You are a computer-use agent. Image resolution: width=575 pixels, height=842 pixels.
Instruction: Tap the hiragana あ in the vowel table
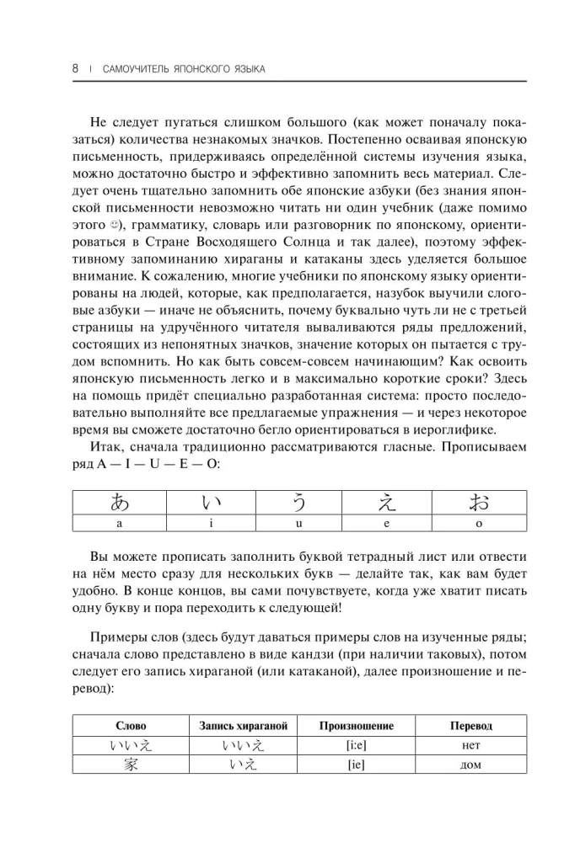pos(121,503)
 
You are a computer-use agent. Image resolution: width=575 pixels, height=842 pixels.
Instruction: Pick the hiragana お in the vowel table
pos(478,503)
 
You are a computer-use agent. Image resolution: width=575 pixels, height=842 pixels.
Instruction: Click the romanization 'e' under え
pos(389,523)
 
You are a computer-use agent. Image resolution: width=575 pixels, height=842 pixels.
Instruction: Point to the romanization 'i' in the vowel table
pos(210,523)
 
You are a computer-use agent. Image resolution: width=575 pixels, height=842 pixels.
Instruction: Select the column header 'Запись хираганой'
pos(244,725)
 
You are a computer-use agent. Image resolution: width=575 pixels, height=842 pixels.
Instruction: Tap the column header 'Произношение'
pos(357,725)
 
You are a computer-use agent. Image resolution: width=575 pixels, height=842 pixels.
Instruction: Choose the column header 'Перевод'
pos(471,725)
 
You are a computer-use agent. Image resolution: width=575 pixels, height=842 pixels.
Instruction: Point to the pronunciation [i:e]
pos(357,745)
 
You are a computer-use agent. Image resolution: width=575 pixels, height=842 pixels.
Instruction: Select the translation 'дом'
pos(471,765)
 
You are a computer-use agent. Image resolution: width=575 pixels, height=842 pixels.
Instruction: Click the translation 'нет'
pos(471,745)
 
